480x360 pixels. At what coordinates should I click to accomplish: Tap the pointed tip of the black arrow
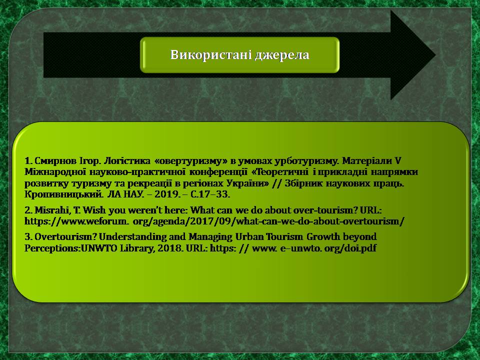click(x=435, y=55)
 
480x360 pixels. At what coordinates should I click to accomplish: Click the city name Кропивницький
click(x=63, y=194)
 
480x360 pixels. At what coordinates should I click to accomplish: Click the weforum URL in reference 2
click(x=214, y=221)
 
